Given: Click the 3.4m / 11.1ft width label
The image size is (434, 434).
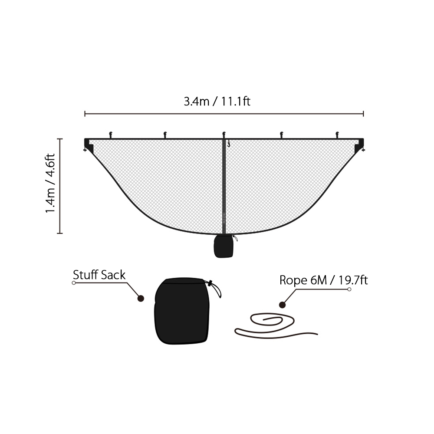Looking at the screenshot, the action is [217, 102].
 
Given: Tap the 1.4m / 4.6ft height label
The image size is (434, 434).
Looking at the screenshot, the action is [50, 183].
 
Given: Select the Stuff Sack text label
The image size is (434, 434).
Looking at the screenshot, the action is [99, 275].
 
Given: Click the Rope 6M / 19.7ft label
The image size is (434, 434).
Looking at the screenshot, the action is [323, 280].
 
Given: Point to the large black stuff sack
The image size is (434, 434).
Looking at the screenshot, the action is [181, 311].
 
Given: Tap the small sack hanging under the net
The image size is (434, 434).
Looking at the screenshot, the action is [224, 246].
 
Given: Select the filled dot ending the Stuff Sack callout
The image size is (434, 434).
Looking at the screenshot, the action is [141, 299].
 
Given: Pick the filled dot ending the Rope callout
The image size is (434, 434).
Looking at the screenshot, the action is [282, 305].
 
